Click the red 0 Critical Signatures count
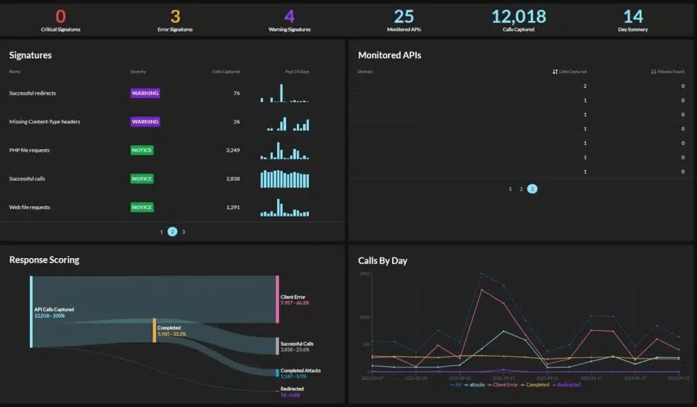[x=61, y=16]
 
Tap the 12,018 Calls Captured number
[x=519, y=16]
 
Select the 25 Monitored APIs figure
[x=404, y=16]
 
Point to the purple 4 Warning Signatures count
[x=289, y=16]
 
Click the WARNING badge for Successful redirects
[x=145, y=93]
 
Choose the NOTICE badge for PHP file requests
[x=142, y=150]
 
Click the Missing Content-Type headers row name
[x=44, y=122]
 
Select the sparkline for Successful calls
[x=285, y=179]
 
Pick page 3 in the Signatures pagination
[x=184, y=232]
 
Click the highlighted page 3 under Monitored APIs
[x=532, y=189]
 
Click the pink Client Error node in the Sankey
[x=278, y=299]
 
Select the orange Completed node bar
[x=155, y=330]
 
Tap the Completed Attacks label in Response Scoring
[x=300, y=371]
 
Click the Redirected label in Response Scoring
[x=293, y=389]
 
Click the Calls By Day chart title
[x=383, y=261]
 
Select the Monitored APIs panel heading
[x=389, y=55]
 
